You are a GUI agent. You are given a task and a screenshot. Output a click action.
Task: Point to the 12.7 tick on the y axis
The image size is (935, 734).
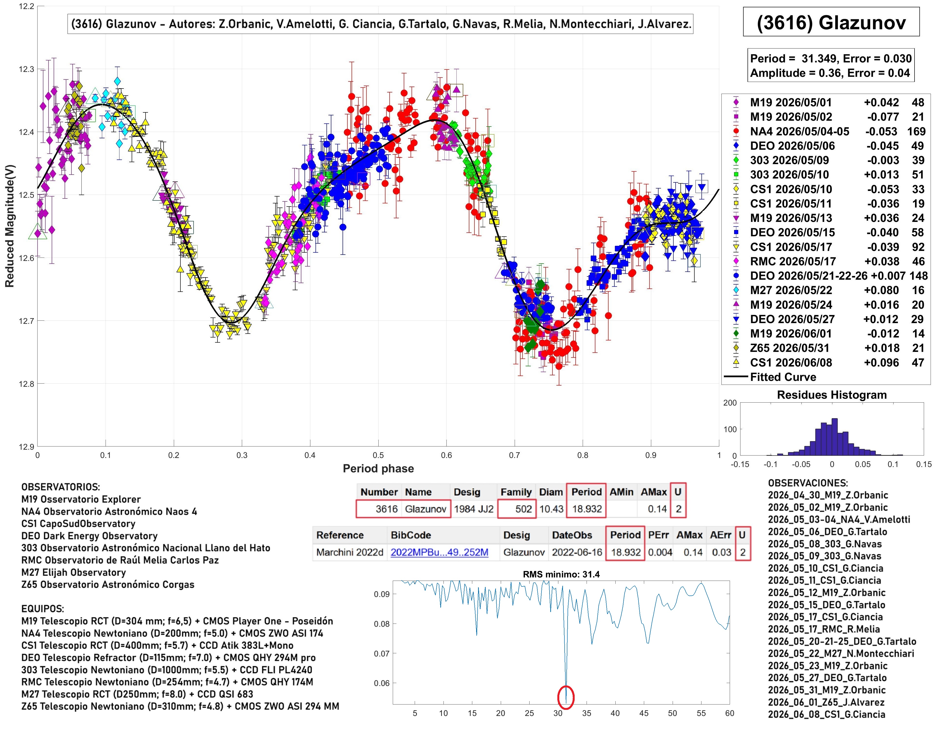point(26,321)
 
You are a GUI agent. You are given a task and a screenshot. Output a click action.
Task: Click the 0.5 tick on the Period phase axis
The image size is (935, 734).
point(378,455)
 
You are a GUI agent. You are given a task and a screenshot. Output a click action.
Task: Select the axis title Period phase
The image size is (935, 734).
point(378,468)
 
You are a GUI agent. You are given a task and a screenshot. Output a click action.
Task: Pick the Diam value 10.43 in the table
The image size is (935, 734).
point(551,509)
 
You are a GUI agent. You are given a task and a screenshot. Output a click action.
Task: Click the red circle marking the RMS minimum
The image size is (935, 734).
point(566,697)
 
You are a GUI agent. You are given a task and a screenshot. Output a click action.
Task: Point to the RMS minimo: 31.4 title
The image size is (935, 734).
point(561,574)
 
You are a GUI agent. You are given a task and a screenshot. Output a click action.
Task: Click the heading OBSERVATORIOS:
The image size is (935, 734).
point(60,487)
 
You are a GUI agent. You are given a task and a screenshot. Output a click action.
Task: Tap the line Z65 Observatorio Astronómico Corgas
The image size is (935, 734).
point(108,585)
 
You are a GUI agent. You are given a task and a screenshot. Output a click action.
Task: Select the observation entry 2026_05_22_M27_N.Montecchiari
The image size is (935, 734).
point(841,654)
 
